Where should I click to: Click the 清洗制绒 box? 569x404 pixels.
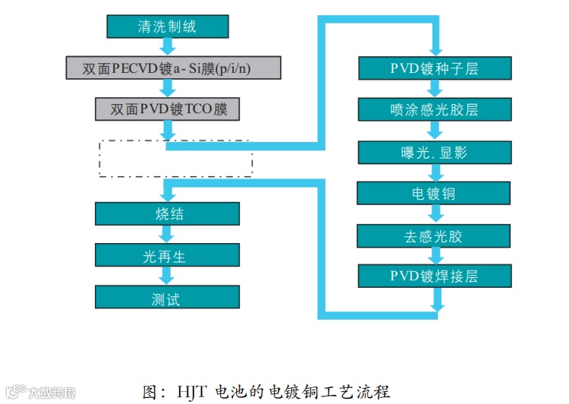[x=167, y=27]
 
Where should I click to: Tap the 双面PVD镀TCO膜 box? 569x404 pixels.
[x=168, y=109]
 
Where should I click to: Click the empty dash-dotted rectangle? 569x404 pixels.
[x=175, y=158]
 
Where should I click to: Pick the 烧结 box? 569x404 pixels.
[x=167, y=214]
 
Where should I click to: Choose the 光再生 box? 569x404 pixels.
[x=167, y=255]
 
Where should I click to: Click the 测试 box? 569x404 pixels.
[x=167, y=297]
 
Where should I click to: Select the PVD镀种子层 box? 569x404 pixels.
[x=435, y=68]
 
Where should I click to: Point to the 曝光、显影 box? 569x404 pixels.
[x=435, y=152]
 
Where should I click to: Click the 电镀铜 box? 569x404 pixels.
[x=435, y=193]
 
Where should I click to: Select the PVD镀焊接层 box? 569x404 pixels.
[x=435, y=275]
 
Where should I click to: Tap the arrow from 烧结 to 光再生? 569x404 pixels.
[x=168, y=235]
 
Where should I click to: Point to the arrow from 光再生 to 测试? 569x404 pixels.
[x=168, y=276]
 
